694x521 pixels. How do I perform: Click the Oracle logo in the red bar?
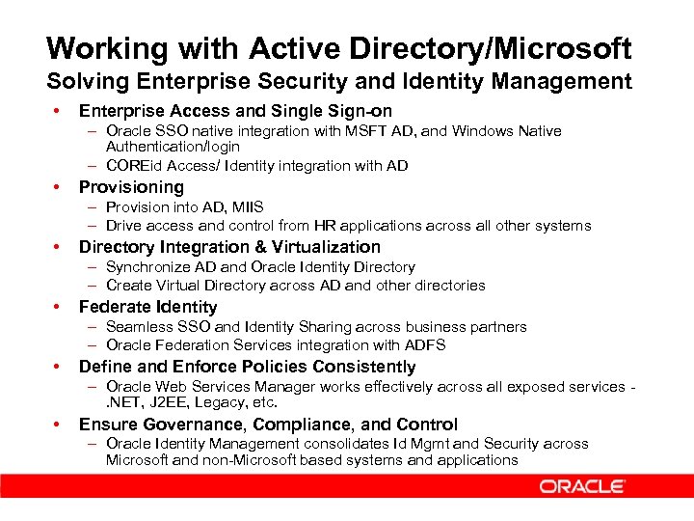tap(581, 486)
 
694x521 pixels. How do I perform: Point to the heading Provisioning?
tap(131, 187)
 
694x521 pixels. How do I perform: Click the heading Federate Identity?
tap(147, 307)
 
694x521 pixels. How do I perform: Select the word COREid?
tap(135, 166)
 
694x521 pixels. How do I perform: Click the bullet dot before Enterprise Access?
tap(59, 112)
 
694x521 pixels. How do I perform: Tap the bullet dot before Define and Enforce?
tap(59, 367)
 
